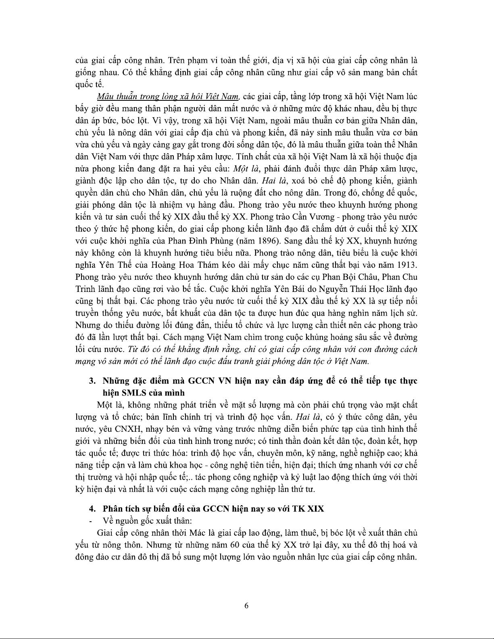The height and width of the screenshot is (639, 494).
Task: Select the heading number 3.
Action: (x=92, y=381)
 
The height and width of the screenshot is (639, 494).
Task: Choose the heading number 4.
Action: (x=92, y=508)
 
